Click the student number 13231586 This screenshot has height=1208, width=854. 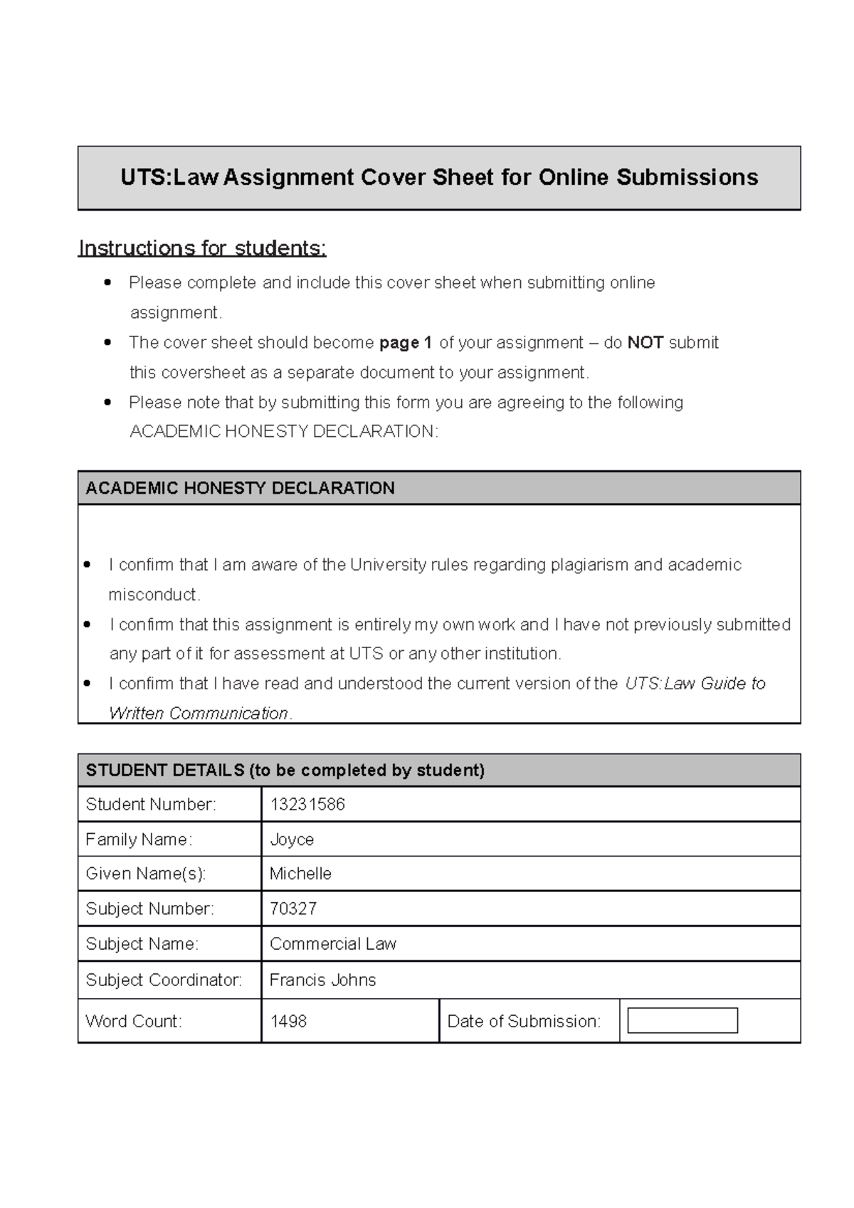(x=307, y=805)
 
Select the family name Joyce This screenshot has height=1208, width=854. (x=292, y=839)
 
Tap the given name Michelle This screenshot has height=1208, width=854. (x=300, y=874)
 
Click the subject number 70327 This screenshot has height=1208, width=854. (x=292, y=908)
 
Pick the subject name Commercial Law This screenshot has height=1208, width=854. (x=332, y=944)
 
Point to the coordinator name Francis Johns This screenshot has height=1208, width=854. (x=322, y=980)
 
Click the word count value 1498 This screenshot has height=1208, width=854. (x=288, y=1022)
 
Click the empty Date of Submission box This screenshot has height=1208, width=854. (x=682, y=1021)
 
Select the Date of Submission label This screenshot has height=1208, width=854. (x=524, y=1022)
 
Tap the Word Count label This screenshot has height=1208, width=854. (x=134, y=1022)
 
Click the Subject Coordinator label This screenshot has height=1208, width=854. (x=164, y=980)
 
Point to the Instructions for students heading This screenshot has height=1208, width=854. (x=202, y=248)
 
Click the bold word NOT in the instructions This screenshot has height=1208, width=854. (x=645, y=343)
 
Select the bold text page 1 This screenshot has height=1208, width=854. (x=406, y=343)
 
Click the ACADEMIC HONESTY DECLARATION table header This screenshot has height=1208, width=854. (x=240, y=488)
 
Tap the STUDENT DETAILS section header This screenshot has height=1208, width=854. (x=285, y=770)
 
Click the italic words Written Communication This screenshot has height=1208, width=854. (x=199, y=714)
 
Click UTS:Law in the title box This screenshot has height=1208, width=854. (x=169, y=177)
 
